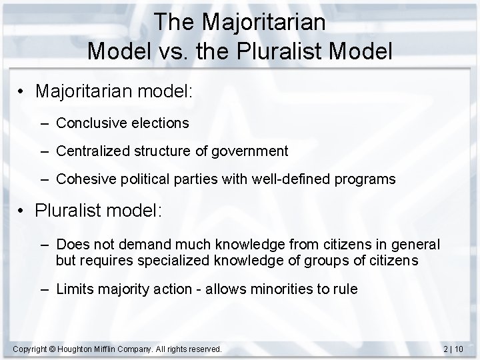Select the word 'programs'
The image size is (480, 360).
(x=365, y=180)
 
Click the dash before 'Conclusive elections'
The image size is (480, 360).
(x=45, y=123)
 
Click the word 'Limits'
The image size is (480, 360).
(x=75, y=289)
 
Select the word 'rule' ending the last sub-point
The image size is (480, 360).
(x=346, y=289)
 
